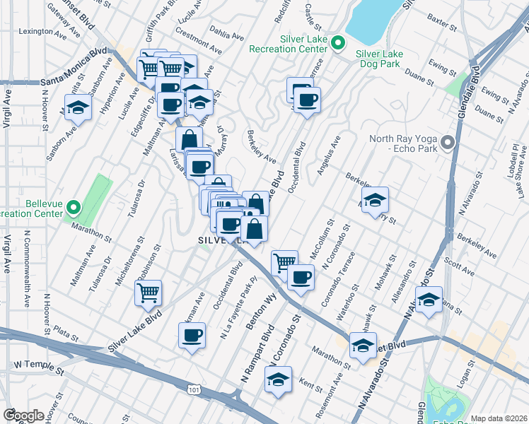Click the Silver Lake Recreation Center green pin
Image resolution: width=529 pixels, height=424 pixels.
[338, 44]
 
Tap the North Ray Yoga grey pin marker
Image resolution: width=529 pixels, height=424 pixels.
[446, 143]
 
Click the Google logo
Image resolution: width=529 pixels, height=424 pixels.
[23, 416]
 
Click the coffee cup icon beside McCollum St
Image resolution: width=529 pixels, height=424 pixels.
[301, 277]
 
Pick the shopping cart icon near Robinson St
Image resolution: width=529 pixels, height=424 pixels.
[149, 292]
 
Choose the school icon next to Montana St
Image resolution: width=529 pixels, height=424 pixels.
[429, 300]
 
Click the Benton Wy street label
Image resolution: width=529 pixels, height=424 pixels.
[260, 307]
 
